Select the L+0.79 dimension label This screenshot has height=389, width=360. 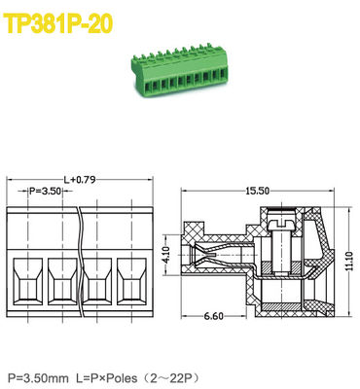tap(81, 179)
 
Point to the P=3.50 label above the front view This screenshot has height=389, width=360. tap(45, 193)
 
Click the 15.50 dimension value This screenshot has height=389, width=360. tap(258, 191)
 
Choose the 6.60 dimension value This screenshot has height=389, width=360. tap(216, 317)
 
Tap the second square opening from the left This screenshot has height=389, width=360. tap(62, 282)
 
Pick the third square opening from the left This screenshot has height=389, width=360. tap(97, 282)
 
